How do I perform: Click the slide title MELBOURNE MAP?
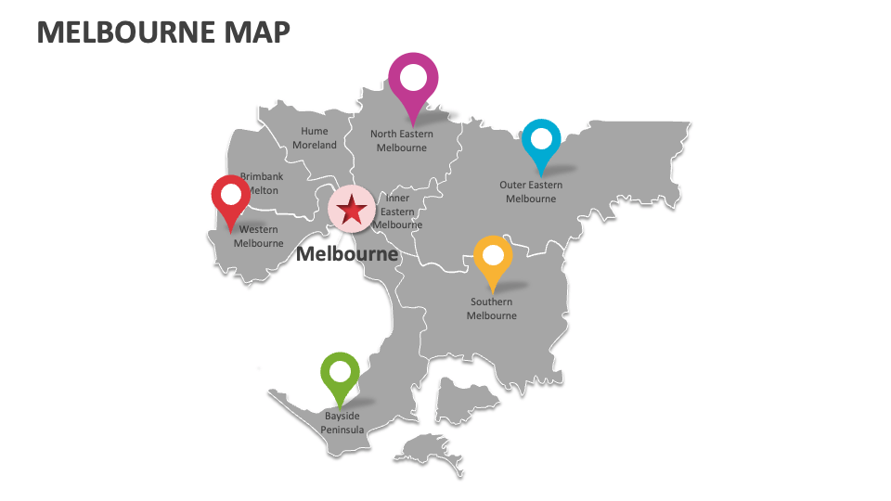click(162, 32)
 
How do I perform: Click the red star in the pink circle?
click(352, 209)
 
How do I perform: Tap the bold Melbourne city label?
click(346, 253)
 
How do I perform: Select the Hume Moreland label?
click(315, 138)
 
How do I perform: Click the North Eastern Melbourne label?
click(401, 140)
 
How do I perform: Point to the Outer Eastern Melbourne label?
click(531, 191)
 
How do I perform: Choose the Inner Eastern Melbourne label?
click(398, 211)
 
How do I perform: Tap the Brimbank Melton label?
click(262, 183)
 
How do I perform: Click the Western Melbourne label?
click(258, 236)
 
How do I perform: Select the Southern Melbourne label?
click(491, 308)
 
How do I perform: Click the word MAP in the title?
click(257, 32)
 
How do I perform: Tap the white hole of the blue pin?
click(541, 139)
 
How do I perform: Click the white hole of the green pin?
click(340, 372)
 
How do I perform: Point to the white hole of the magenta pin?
click(413, 79)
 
